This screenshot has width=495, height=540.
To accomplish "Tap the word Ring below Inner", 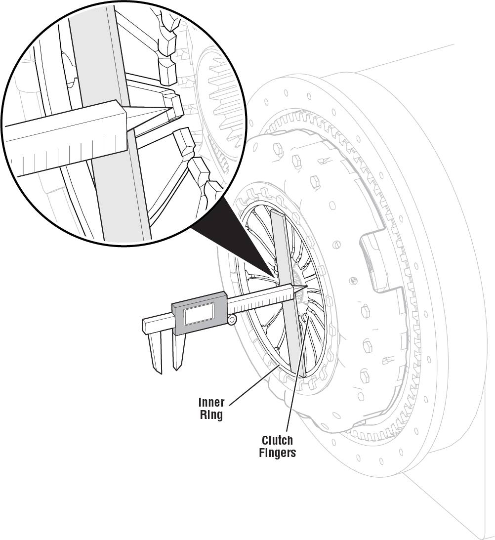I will tap(211, 415).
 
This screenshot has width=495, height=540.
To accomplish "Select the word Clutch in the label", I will tap(277, 440).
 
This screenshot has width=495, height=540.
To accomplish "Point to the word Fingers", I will tap(277, 453).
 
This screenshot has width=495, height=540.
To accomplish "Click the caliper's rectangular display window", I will tap(199, 314).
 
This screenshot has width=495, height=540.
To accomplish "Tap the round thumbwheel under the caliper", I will tap(232, 321).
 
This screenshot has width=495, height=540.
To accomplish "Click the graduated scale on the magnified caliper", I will tap(74, 151).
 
